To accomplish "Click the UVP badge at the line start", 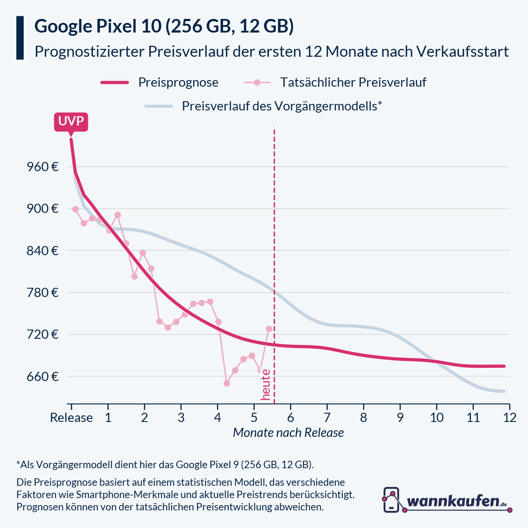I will (71, 122).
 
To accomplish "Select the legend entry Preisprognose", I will (178, 82).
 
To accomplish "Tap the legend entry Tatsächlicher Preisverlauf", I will (353, 82).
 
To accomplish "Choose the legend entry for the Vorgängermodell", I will (282, 106).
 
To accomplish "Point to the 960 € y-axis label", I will (43, 167).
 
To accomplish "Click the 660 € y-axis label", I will (43, 377).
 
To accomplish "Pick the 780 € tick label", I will (43, 293).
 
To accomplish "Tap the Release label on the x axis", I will (71, 418).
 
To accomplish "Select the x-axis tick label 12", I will (510, 418).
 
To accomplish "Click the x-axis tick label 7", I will (327, 418).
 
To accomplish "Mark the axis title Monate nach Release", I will (288, 433).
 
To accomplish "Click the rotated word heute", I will (265, 385).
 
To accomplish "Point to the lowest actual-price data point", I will (227, 383).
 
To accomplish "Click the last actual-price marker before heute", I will (269, 329).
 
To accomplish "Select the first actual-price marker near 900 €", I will (75, 209).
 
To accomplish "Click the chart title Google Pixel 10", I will (164, 26).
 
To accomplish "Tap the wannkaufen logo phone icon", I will (391, 500).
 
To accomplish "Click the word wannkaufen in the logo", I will (453, 501).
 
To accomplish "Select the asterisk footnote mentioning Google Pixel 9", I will (165, 465).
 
